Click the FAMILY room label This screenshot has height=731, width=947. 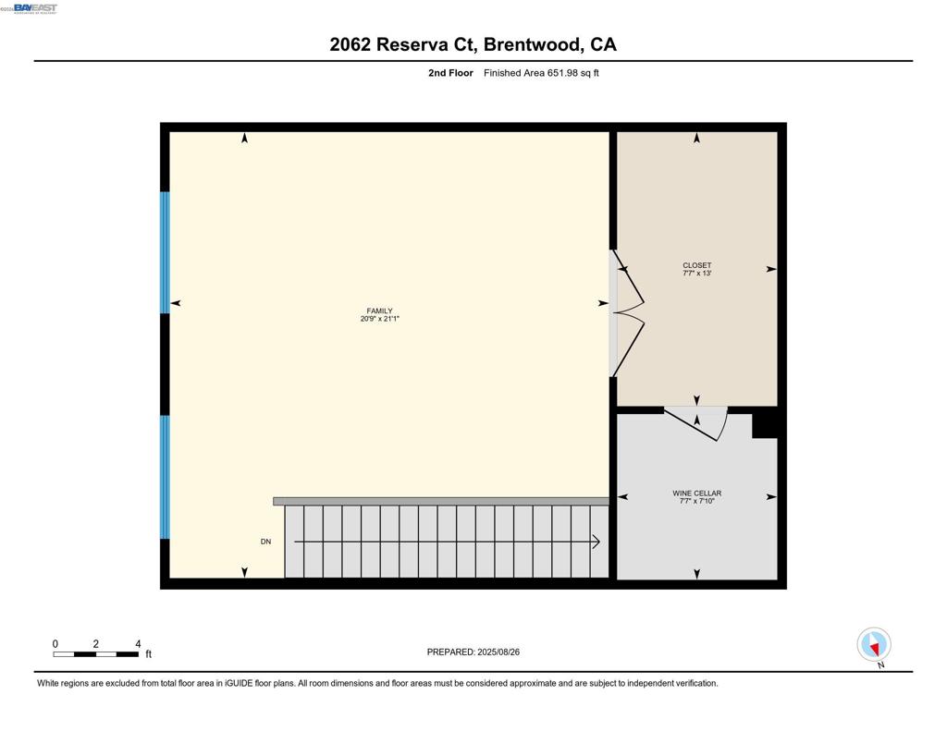pyautogui.click(x=379, y=311)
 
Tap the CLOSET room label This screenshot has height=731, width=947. pyautogui.click(x=696, y=266)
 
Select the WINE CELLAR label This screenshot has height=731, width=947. pyautogui.click(x=696, y=493)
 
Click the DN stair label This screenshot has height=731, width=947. pyautogui.click(x=265, y=542)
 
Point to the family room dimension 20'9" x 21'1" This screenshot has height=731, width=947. pyautogui.click(x=379, y=320)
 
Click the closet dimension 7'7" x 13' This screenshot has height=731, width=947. pyautogui.click(x=696, y=274)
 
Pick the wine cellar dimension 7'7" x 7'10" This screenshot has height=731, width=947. pyautogui.click(x=696, y=501)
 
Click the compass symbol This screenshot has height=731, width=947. pyautogui.click(x=873, y=644)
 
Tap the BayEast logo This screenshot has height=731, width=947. pyautogui.click(x=34, y=8)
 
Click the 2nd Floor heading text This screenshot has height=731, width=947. pyautogui.click(x=450, y=73)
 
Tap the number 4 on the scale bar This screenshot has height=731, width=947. pyautogui.click(x=138, y=644)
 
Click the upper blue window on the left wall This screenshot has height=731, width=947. pyautogui.click(x=166, y=252)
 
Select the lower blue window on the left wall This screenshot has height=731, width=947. pyautogui.click(x=166, y=477)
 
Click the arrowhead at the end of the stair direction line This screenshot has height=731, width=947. pyautogui.click(x=596, y=542)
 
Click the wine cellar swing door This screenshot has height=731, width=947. pyautogui.click(x=694, y=423)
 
